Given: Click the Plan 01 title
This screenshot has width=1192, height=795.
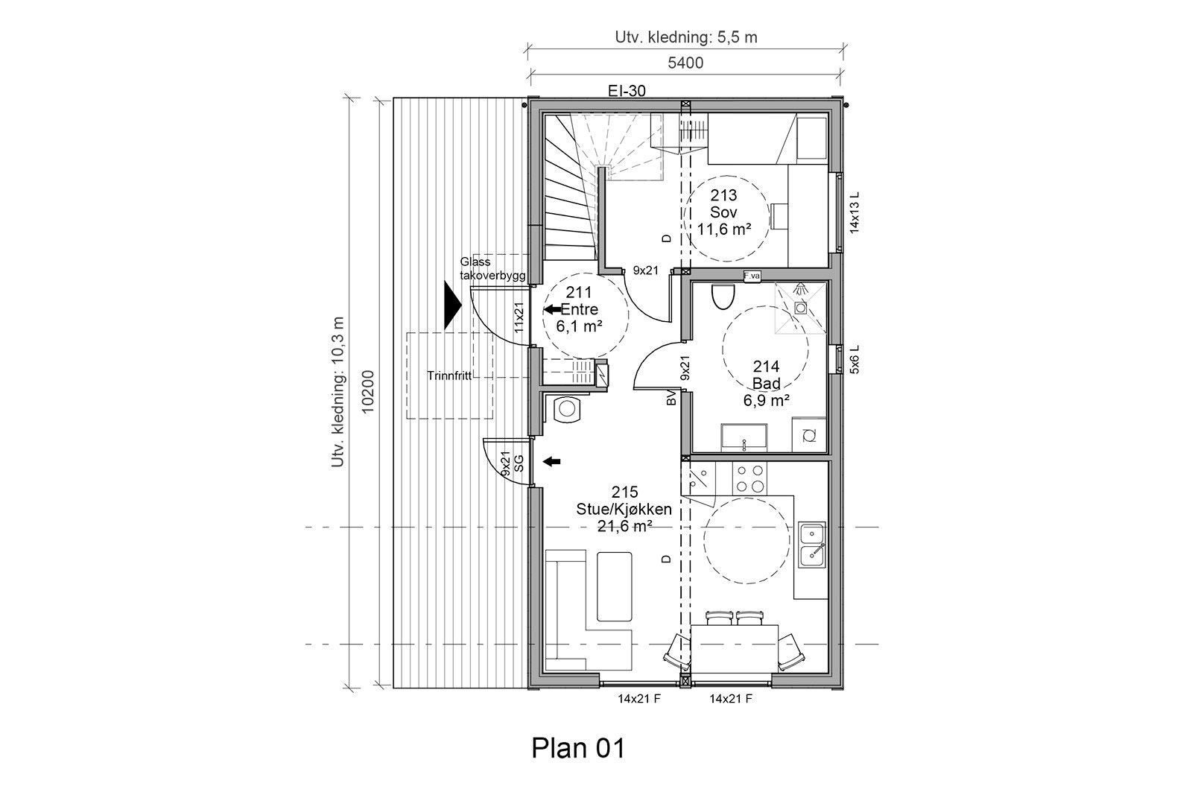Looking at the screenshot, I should point(578,747).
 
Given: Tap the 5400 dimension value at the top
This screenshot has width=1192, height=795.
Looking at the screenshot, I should point(685,63).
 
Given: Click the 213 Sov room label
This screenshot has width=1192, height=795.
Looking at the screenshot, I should point(723,212).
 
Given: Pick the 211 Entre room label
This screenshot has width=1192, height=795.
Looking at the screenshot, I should point(579,309).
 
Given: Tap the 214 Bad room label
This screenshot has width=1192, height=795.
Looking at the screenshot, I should point(766,383).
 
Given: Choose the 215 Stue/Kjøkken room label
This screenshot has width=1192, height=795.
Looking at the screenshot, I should point(624,509).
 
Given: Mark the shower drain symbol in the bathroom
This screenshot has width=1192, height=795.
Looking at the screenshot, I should point(800,307).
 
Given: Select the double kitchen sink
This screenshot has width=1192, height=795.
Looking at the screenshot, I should point(811,544).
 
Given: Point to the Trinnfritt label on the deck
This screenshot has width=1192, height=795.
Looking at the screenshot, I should point(449,376).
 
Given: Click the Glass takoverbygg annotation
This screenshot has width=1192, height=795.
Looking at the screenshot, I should point(492,269).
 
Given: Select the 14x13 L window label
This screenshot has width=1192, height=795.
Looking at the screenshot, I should point(855,212).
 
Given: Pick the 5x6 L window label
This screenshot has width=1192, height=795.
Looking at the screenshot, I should point(855,358).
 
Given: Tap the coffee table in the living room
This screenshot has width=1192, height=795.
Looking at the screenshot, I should point(614,586).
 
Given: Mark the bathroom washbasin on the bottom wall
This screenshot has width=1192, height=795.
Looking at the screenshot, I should point(744,437).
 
